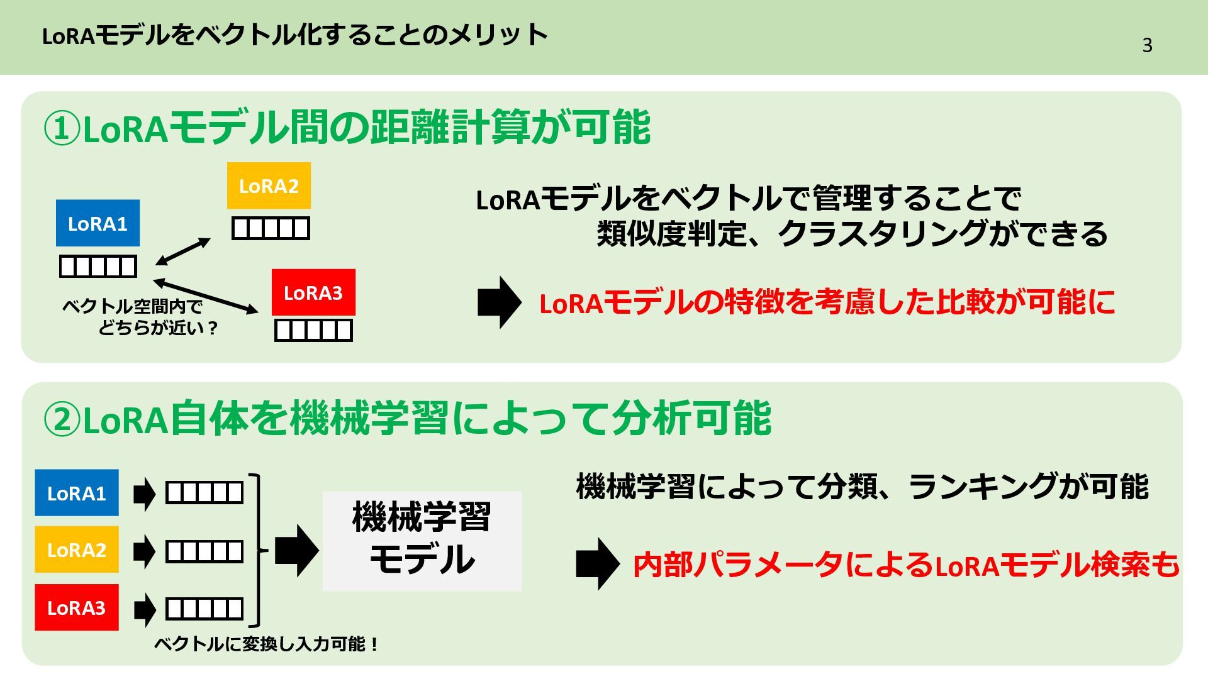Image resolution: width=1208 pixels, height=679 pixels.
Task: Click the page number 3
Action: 1147,45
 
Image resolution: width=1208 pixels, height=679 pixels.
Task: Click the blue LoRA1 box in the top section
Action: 98,223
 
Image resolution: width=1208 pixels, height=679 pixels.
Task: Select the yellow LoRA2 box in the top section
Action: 269,185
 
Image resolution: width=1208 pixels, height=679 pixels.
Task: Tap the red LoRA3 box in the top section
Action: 313,292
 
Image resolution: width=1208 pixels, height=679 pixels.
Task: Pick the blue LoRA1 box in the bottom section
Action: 77,493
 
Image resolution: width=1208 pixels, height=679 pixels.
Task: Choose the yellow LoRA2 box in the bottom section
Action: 77,549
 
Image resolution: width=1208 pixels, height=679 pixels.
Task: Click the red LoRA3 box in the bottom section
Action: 77,607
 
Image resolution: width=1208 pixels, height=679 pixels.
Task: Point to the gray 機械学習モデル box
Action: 422,541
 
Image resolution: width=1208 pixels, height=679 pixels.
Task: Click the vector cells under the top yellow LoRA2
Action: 271,228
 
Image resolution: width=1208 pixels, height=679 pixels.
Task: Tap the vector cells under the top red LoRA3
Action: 313,330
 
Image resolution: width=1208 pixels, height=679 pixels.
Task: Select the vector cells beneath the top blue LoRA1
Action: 98,267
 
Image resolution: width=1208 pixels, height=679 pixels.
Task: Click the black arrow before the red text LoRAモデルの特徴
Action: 499,302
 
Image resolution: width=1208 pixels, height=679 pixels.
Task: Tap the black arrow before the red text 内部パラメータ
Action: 597,564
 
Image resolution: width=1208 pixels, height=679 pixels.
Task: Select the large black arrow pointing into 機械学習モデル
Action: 296,551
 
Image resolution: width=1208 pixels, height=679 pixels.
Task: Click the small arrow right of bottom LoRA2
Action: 144,551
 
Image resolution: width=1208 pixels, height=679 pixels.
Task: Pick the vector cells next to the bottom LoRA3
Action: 204,609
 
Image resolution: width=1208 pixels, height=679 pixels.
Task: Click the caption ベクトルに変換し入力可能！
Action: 266,644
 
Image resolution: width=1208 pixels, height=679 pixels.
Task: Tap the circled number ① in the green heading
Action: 62,129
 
